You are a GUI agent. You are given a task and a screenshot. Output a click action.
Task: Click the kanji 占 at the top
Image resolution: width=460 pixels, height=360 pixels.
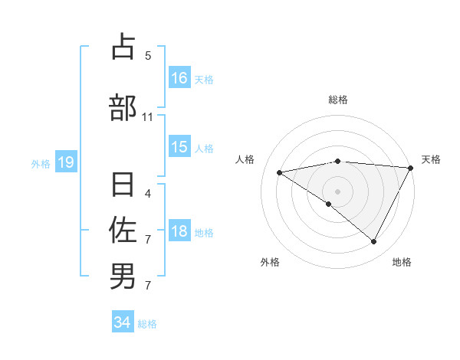(123, 47)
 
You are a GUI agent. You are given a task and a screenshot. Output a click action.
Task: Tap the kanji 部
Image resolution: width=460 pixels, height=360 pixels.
(123, 107)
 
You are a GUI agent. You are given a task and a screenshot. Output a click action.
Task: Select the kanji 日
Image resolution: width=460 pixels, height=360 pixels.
(123, 185)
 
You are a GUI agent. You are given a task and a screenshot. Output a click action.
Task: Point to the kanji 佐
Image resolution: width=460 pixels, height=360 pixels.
(123, 229)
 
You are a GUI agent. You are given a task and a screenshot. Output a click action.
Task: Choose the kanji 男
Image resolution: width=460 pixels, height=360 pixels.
(123, 275)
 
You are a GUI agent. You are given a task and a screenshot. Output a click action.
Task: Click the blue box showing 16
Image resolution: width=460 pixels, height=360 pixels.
(179, 77)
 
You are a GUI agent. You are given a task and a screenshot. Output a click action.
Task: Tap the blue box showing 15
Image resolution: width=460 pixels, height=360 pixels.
(179, 147)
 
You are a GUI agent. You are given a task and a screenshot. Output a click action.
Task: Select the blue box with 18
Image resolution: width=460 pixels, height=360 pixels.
(179, 231)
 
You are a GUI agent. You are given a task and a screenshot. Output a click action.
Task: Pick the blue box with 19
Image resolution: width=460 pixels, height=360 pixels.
(65, 162)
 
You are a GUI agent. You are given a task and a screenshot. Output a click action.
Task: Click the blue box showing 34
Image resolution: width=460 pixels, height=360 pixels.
(123, 322)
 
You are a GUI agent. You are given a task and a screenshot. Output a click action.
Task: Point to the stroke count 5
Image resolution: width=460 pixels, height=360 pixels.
(148, 55)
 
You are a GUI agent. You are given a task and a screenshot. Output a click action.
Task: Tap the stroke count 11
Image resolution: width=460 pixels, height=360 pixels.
(148, 116)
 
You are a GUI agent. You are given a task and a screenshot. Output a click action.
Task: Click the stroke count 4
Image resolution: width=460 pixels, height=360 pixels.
(148, 193)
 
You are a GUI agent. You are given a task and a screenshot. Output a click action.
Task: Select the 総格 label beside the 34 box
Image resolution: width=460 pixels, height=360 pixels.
(147, 324)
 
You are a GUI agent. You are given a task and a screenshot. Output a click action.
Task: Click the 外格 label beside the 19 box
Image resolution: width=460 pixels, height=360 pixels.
(40, 163)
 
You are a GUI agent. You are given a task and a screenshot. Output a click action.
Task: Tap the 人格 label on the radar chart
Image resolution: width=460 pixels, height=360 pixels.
(245, 159)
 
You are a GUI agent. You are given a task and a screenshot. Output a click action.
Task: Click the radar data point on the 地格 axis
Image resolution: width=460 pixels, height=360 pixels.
(374, 242)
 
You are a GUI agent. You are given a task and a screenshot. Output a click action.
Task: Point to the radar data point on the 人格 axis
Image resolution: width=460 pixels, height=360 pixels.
(280, 172)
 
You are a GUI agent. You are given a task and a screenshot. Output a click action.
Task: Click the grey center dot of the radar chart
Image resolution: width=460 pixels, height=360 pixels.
(337, 191)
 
